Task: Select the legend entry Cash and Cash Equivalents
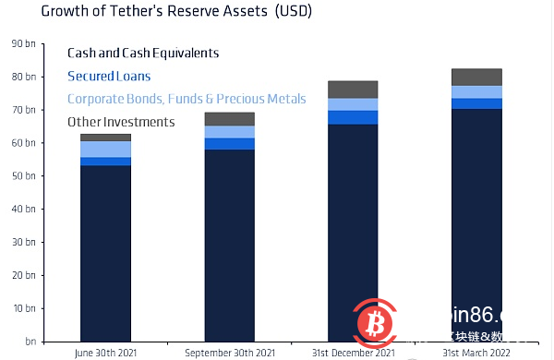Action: click(143, 53)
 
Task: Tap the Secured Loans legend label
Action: click(109, 76)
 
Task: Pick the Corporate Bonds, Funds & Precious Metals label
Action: click(187, 99)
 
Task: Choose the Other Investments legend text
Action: click(121, 122)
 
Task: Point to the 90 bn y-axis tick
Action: click(22, 43)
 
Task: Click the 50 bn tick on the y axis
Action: click(22, 175)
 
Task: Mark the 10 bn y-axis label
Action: click(22, 307)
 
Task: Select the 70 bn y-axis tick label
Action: click(22, 109)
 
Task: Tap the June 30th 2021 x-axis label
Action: click(105, 353)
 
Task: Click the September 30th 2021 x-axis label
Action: click(229, 353)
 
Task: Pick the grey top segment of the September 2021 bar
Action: click(229, 118)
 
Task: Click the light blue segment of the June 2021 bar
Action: click(105, 149)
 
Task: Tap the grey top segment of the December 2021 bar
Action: click(353, 90)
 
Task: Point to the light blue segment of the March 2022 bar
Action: click(476, 91)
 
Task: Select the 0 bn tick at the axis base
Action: click(25, 341)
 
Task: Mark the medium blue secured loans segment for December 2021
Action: click(353, 117)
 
